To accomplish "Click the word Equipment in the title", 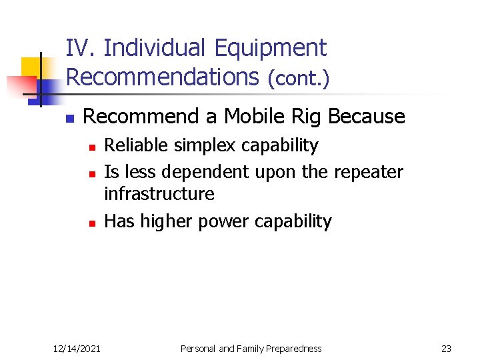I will pos(271,49).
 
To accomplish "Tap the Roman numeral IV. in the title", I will pos(82,48).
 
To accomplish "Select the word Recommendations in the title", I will pos(162,77).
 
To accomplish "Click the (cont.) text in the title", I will pos(298,79).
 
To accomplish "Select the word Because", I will pos(367,117).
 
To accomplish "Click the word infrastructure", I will pos(159,194).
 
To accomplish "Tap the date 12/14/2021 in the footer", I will pos(77,348).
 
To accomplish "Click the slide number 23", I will pos(446,348).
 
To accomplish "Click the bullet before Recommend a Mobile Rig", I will pos(68,119).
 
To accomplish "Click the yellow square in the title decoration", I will pos(31,67).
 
